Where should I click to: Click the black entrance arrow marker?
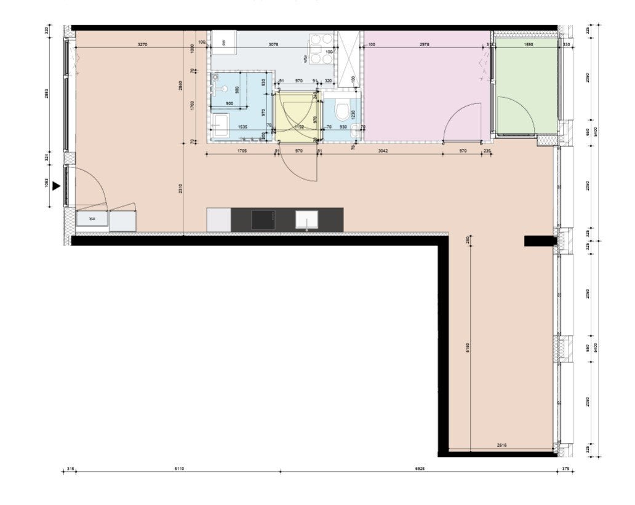point(57,186)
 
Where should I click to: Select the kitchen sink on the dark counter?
point(306,219)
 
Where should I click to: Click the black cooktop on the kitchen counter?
point(263,219)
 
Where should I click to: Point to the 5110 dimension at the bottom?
point(179,469)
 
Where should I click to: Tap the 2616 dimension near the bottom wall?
point(501,445)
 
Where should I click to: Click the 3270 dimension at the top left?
point(142,44)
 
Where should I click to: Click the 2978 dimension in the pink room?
point(425,44)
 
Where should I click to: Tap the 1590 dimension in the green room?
point(527,44)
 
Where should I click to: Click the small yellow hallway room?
point(297,117)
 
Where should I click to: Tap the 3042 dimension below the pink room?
point(382,151)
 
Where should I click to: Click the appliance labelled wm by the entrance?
point(92,218)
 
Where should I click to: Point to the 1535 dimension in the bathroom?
point(242,127)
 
